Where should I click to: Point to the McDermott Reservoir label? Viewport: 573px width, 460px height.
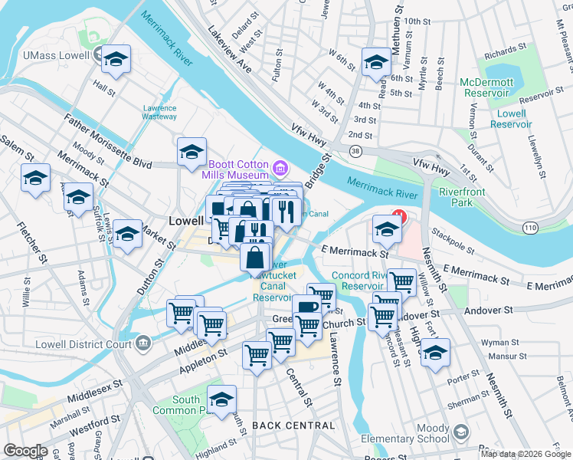(485, 87)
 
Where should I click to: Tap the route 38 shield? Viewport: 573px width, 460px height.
(355, 152)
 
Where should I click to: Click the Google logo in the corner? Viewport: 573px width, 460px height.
(25, 451)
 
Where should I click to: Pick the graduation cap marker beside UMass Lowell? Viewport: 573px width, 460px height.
(116, 60)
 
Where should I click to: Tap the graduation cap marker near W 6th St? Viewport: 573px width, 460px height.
(375, 62)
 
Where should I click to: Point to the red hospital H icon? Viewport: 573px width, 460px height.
(398, 217)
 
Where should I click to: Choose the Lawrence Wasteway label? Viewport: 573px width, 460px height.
(159, 113)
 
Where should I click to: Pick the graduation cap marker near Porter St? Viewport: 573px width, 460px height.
(435, 353)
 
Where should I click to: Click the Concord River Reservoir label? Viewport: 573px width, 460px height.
(362, 281)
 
